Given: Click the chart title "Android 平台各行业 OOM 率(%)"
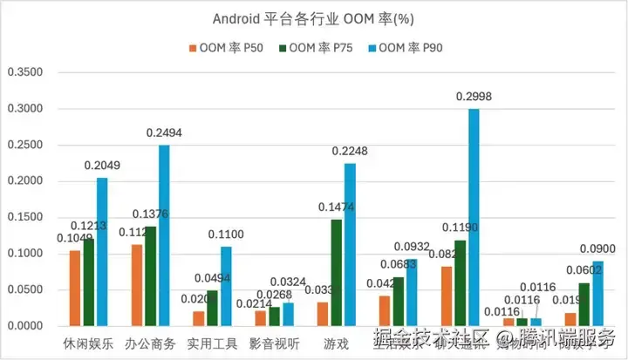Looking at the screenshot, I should pyautogui.click(x=313, y=19).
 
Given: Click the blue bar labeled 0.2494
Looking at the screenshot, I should pyautogui.click(x=164, y=235).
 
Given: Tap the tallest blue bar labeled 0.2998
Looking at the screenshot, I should pyautogui.click(x=474, y=217).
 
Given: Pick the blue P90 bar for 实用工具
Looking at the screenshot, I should pyautogui.click(x=226, y=286).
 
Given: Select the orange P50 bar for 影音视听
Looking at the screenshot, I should pyautogui.click(x=261, y=318).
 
